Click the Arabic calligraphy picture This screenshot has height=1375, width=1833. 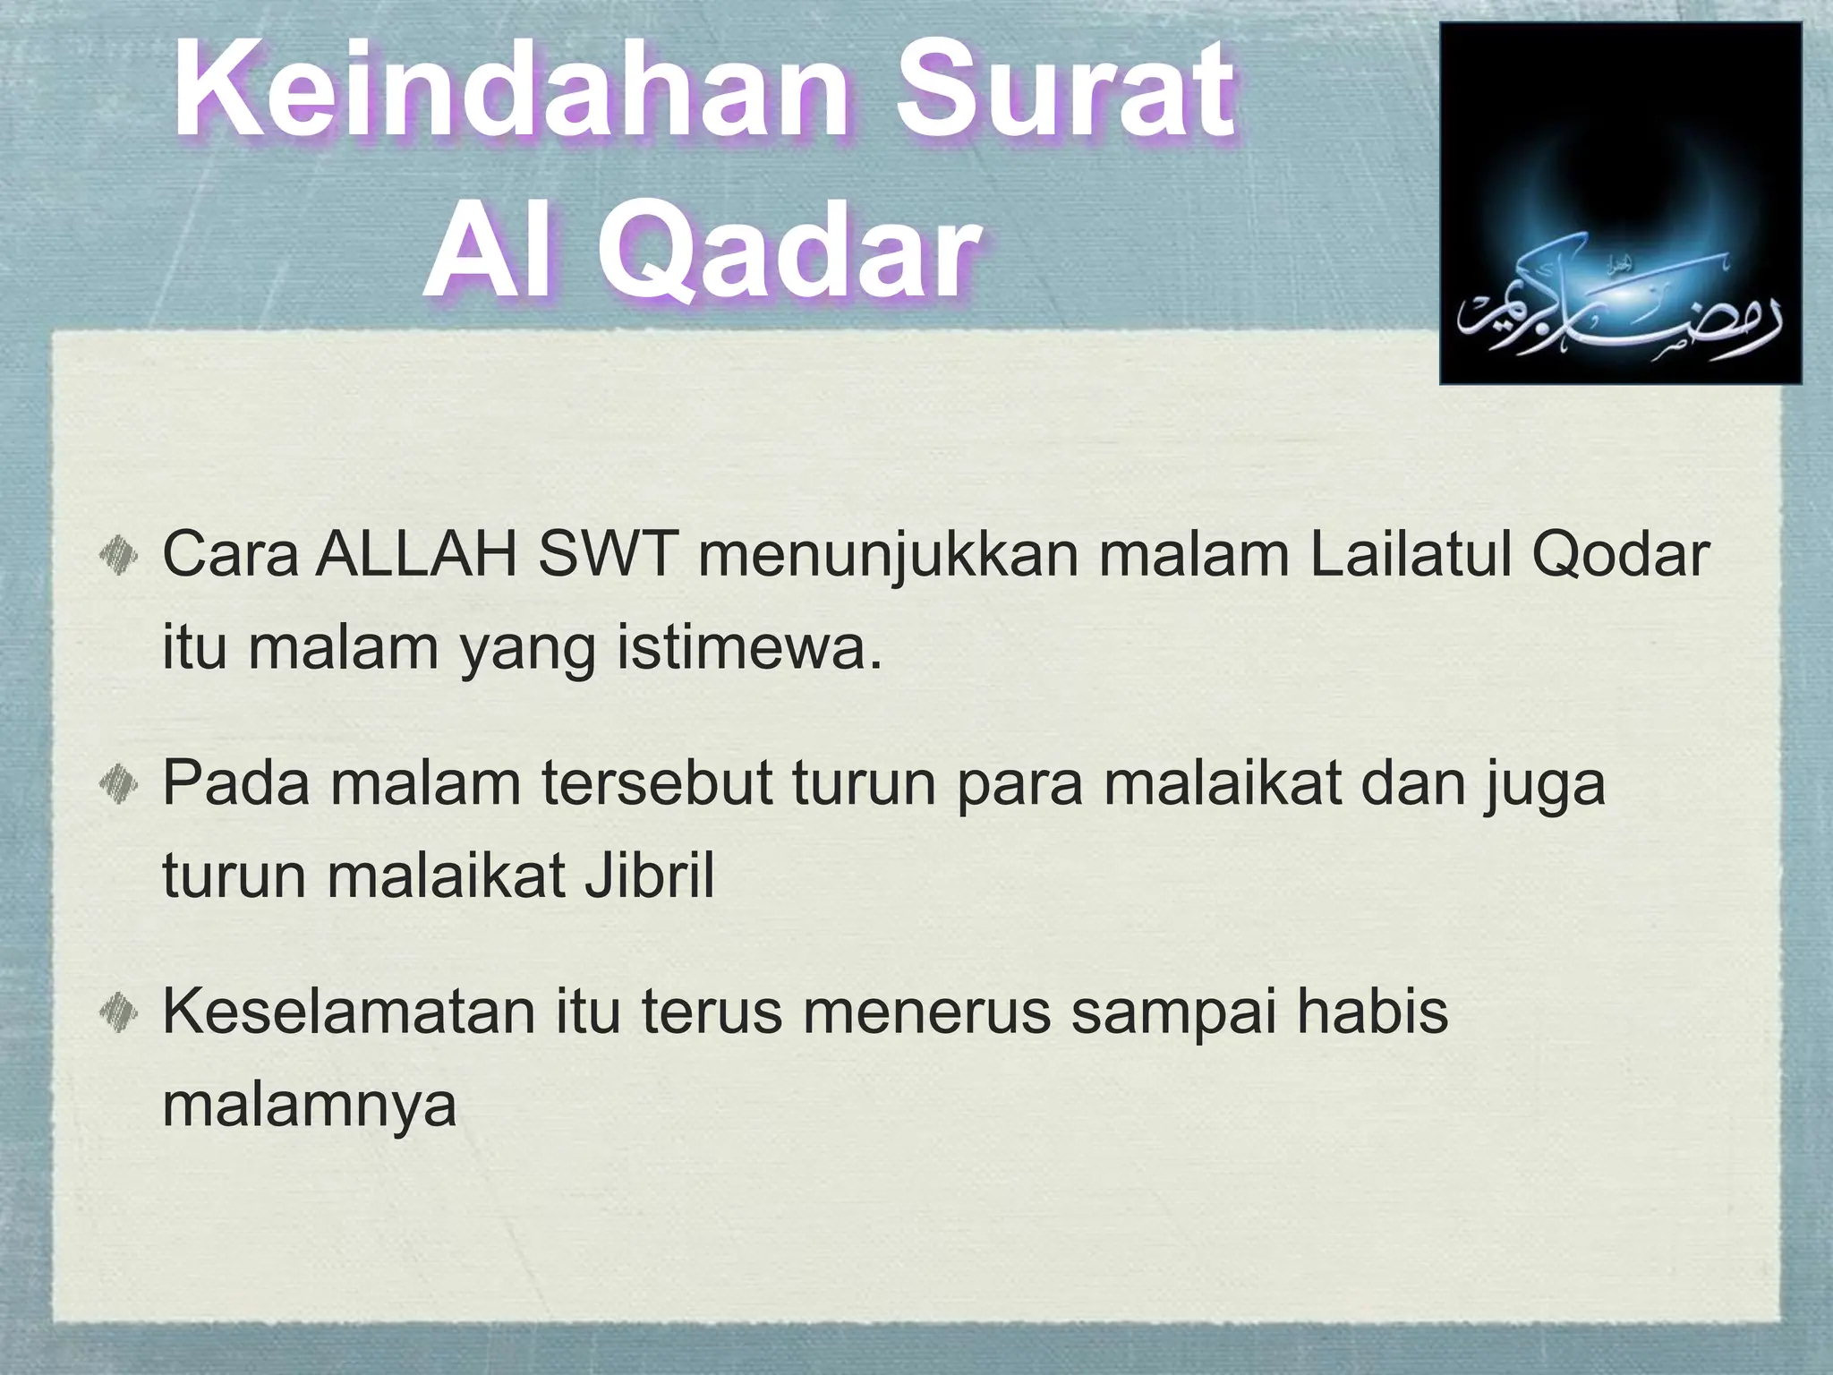1620,204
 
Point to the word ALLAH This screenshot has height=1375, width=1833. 417,555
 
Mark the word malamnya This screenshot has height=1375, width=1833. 310,1106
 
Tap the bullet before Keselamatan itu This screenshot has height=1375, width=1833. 117,1012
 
